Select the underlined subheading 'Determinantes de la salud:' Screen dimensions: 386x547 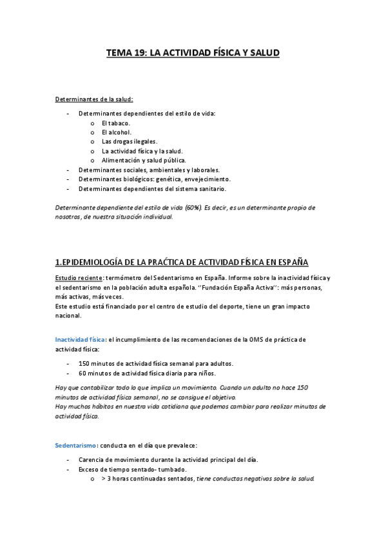[x=94, y=99]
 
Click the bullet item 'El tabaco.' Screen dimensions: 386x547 [x=116, y=123]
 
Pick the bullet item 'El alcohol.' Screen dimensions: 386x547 [x=117, y=132]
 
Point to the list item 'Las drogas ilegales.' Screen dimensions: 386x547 [x=130, y=141]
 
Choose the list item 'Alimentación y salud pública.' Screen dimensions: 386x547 [x=144, y=160]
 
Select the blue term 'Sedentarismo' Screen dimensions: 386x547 [x=75, y=445]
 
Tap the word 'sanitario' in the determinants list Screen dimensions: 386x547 [x=210, y=189]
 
